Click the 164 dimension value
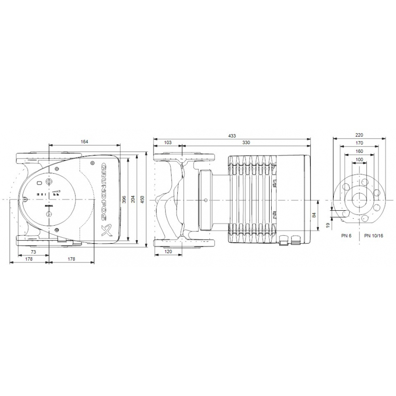point(84,141)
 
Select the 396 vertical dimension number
point(124,199)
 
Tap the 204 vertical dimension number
point(133,199)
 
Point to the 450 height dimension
point(143,199)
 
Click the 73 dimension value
point(34,251)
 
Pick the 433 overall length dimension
point(232,135)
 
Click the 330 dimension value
point(246,142)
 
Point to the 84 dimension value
point(314,215)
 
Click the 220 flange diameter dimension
point(359,135)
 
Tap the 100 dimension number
point(359,159)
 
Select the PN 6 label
point(346,235)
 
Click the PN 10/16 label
point(374,235)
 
